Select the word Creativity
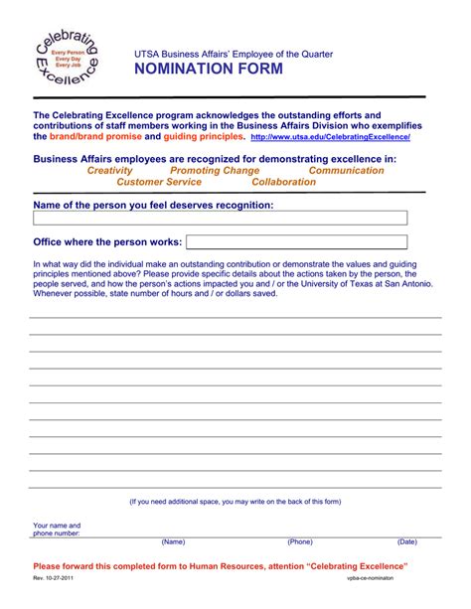point(109,171)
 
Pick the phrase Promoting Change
point(215,171)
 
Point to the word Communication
point(346,171)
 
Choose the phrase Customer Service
point(159,183)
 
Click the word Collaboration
point(284,183)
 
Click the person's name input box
point(220,219)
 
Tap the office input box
point(296,241)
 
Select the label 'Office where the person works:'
point(107,241)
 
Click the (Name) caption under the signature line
point(174,542)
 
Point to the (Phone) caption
point(300,542)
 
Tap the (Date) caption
point(406,542)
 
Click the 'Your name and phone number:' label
point(57,529)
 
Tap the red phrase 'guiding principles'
point(203,137)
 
